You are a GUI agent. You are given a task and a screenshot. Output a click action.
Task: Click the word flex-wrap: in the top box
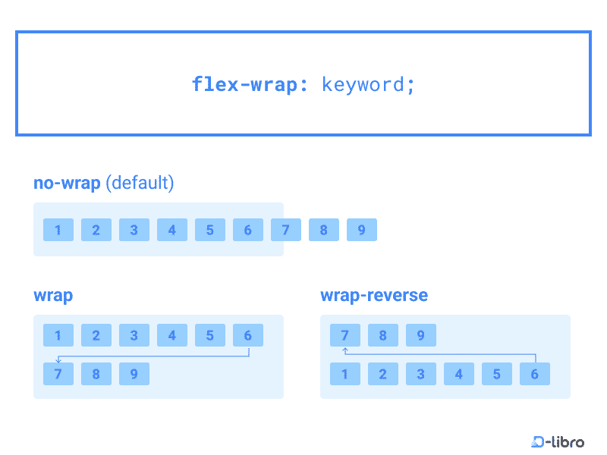click(250, 83)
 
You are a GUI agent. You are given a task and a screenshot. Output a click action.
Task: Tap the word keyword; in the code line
click(369, 83)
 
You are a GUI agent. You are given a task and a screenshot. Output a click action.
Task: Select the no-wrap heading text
click(67, 183)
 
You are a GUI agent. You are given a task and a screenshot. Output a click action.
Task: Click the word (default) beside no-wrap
click(140, 183)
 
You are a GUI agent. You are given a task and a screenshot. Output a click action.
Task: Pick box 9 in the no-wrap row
click(361, 230)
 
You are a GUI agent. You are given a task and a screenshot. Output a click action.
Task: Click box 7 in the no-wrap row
click(286, 230)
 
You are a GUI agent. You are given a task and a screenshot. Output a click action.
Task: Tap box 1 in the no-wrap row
click(58, 230)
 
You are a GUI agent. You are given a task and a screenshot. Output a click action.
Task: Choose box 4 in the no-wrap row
click(172, 230)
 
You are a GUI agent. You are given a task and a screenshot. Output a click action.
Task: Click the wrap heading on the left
click(53, 295)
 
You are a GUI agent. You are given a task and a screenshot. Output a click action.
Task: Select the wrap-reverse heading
click(374, 295)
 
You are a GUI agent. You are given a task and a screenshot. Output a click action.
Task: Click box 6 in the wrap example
click(248, 335)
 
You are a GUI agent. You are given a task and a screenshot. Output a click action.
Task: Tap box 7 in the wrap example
click(58, 374)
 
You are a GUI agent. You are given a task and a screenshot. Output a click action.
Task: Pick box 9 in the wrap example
click(134, 374)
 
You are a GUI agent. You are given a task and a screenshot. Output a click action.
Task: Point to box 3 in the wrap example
click(134, 335)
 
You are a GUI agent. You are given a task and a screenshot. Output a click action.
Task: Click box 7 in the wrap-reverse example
click(345, 335)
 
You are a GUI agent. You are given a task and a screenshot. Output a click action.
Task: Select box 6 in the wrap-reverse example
click(535, 374)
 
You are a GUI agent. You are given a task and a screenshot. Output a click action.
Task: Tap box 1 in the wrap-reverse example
click(345, 374)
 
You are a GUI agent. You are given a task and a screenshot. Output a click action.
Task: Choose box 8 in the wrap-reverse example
click(383, 335)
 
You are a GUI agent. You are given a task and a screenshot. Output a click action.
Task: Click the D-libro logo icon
click(539, 441)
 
